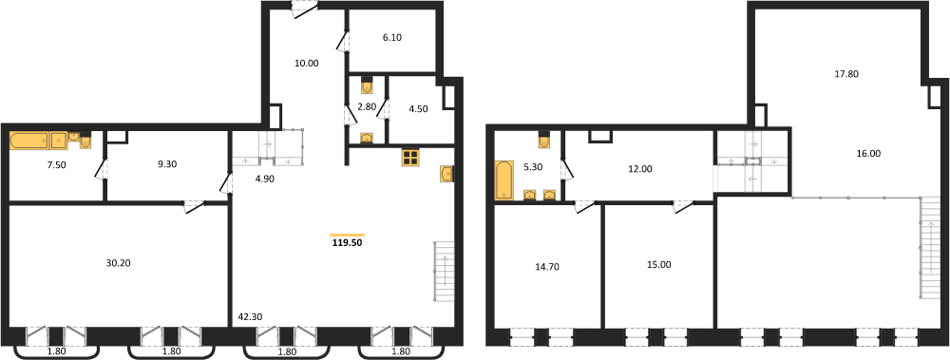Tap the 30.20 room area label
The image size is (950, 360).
118,263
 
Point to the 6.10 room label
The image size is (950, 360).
392,37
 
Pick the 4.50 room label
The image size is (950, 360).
419,109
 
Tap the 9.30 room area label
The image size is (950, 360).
165,163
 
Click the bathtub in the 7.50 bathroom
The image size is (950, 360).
28,141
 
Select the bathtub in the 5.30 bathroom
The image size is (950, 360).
503,180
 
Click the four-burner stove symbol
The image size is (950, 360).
410,158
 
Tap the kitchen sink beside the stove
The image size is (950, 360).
446,173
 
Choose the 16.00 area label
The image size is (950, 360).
868,153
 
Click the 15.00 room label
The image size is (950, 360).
657,264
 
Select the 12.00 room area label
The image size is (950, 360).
641,169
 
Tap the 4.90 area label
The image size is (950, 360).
265,179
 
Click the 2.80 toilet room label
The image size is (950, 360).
367,107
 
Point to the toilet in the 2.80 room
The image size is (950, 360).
367,86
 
